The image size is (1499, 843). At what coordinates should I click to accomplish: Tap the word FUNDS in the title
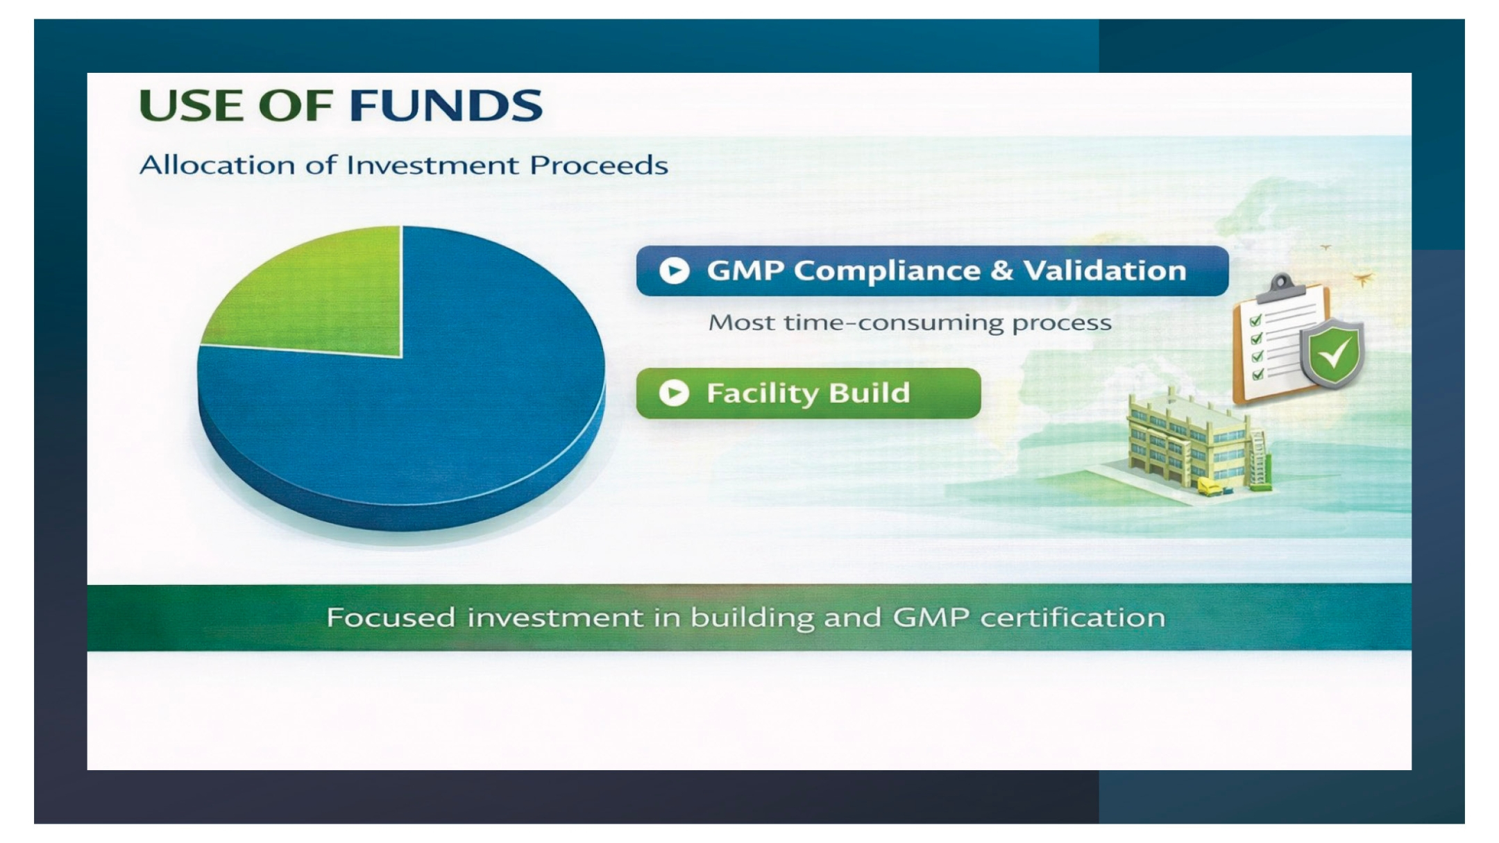[x=446, y=105]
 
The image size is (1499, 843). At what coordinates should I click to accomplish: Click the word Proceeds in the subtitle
[x=599, y=165]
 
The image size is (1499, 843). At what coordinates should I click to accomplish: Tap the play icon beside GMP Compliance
[x=674, y=271]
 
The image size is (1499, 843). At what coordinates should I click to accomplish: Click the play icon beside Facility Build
[x=674, y=393]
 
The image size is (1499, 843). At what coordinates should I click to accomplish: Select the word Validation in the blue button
[x=1106, y=270]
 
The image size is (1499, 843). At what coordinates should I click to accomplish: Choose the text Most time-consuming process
[x=910, y=323]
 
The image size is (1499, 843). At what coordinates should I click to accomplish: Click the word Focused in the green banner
[x=391, y=618]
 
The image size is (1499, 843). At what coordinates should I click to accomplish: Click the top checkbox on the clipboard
[x=1255, y=320]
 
